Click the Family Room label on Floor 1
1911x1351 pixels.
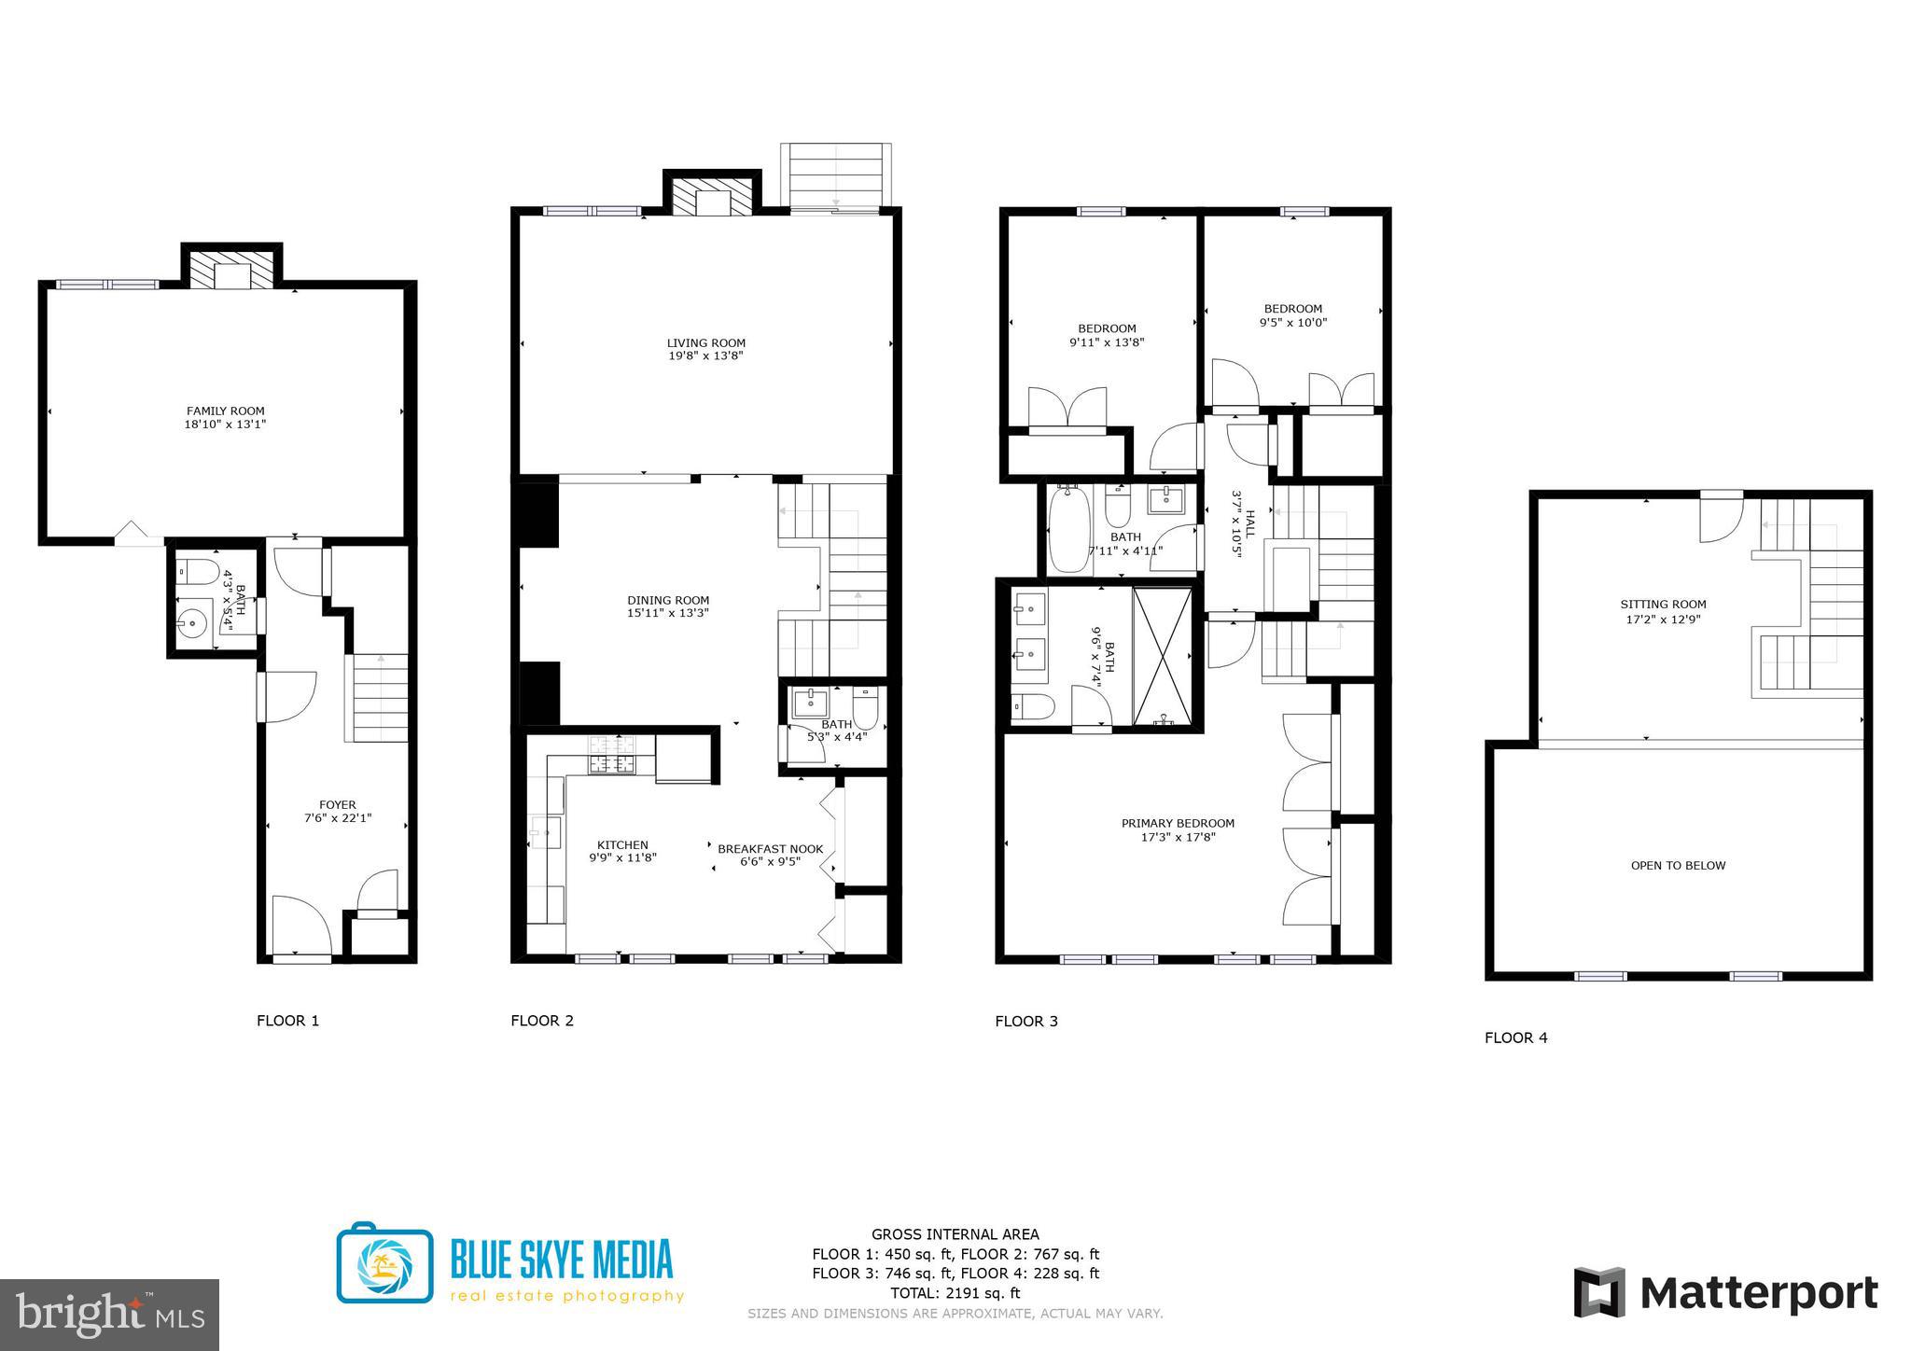[x=225, y=411]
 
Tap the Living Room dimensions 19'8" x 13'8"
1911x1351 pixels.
[x=705, y=356]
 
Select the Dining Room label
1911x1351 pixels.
[x=668, y=600]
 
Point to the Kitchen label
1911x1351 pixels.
[x=622, y=845]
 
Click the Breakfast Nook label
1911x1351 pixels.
[x=770, y=849]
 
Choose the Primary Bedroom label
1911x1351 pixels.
[x=1178, y=823]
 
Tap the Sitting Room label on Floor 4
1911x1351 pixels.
[x=1663, y=605]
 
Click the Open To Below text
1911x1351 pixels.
[x=1678, y=866]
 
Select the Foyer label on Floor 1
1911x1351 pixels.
[x=337, y=805]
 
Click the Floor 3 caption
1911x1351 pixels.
[x=1026, y=1022]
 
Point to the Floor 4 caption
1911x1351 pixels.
[x=1515, y=1038]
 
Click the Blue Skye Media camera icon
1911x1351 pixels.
[x=384, y=1262]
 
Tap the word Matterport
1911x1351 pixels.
[x=1759, y=1294]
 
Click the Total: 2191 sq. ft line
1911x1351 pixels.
[x=955, y=1293]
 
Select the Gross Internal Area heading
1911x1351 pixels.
[x=955, y=1234]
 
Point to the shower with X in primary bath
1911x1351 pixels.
[x=1163, y=655]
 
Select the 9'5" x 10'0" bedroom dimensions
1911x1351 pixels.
[x=1292, y=323]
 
